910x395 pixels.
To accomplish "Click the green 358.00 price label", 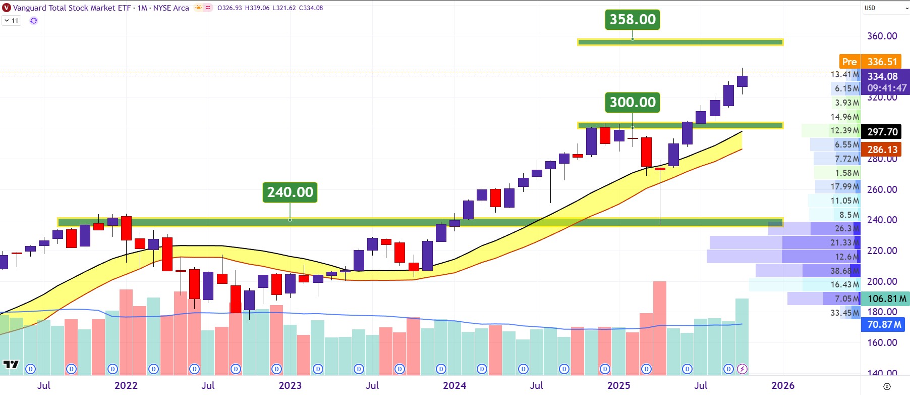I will (x=632, y=20).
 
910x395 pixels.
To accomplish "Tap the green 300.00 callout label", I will (x=632, y=103).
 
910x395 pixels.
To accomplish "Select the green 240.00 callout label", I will (x=290, y=192).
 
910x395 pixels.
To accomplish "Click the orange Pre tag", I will (x=849, y=62).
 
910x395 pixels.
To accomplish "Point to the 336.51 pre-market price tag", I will (x=882, y=62).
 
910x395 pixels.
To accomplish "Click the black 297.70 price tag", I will (x=882, y=132).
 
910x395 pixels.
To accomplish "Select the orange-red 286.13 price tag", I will (x=882, y=150).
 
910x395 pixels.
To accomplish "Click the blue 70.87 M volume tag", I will (x=884, y=324).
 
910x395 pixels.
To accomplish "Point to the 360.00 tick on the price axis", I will (x=882, y=36).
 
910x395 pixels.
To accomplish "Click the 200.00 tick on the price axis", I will (x=882, y=281).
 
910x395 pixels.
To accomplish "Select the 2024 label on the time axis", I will (x=454, y=385).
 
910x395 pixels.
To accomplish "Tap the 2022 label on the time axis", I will (x=126, y=385).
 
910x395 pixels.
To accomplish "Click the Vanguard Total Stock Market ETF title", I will (x=72, y=8).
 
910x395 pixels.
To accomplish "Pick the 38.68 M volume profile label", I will (x=844, y=271).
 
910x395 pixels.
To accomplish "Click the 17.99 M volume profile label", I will (x=844, y=186).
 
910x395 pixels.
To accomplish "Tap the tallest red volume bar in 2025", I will (x=659, y=328).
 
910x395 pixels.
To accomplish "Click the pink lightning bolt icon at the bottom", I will (x=742, y=369).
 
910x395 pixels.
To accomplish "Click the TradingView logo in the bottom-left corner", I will (x=11, y=364).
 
